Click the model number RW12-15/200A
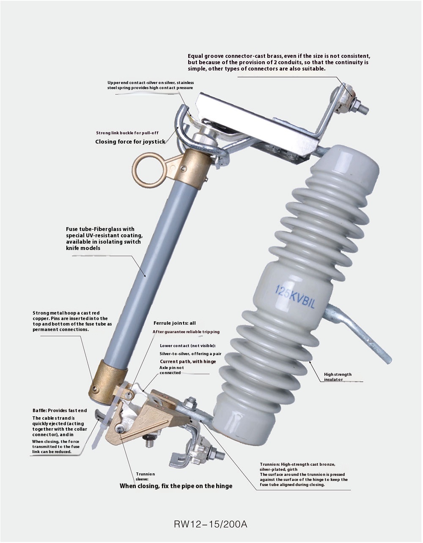(210, 524)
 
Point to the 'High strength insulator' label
(338, 377)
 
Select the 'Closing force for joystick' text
(130, 141)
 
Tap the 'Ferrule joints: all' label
(174, 323)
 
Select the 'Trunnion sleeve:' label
(145, 477)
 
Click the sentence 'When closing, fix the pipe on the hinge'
(176, 486)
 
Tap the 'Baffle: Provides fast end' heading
(60, 410)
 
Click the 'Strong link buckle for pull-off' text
(127, 133)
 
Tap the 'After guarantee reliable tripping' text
(186, 332)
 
